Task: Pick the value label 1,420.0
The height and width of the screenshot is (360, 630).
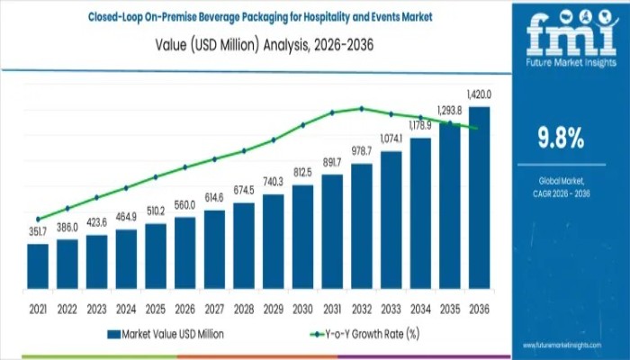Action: [x=479, y=94]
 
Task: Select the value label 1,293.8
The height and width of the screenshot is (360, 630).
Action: [x=450, y=111]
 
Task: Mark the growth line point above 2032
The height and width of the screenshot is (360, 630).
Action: [x=362, y=108]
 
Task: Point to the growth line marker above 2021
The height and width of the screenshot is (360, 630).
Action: [x=38, y=219]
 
